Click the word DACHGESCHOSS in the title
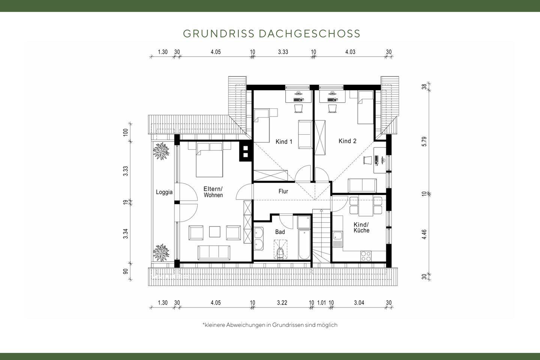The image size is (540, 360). click(x=309, y=33)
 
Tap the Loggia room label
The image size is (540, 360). click(x=164, y=192)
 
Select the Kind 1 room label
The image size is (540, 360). click(x=284, y=142)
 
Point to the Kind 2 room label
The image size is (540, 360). click(x=347, y=141)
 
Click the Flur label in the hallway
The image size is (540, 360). click(x=283, y=191)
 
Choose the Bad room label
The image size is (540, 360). click(x=280, y=232)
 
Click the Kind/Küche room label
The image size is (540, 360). click(x=361, y=227)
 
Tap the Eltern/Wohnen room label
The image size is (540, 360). click(x=213, y=192)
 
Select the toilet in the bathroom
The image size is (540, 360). click(x=279, y=253)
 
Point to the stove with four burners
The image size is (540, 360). click(x=366, y=256)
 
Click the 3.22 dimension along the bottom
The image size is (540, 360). click(x=282, y=303)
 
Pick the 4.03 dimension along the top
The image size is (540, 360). click(x=350, y=52)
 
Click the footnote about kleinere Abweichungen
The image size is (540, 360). click(x=270, y=325)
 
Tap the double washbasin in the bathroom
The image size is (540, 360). click(x=259, y=239)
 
